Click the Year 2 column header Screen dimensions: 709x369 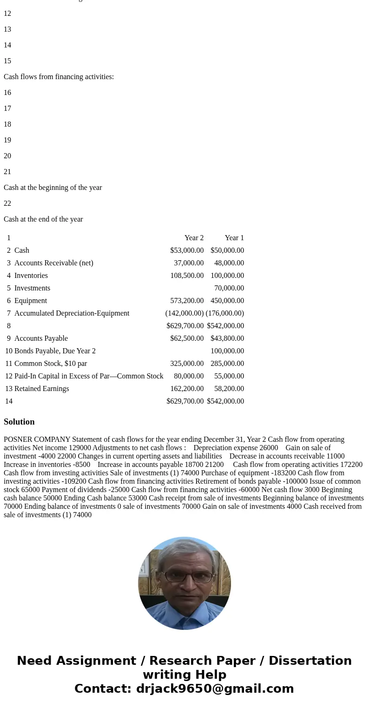pyautogui.click(x=194, y=238)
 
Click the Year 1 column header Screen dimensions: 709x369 pyautogui.click(x=234, y=238)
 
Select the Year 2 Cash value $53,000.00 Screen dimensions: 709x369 pyautogui.click(x=187, y=250)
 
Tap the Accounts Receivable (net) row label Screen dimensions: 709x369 pyautogui.click(x=53, y=263)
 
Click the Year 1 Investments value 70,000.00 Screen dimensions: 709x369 pyautogui.click(x=229, y=288)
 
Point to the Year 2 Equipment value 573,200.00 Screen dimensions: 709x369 pyautogui.click(x=187, y=301)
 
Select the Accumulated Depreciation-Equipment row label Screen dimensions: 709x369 pyautogui.click(x=72, y=313)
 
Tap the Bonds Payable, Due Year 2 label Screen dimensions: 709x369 pyautogui.click(x=55, y=351)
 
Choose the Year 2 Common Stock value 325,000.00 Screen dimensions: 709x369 pyautogui.click(x=187, y=364)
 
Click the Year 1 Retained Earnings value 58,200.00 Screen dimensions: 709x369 pyautogui.click(x=229, y=389)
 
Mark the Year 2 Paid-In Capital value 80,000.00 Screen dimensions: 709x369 pyautogui.click(x=189, y=376)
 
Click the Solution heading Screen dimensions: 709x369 pyautogui.click(x=19, y=422)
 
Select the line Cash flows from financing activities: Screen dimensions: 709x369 pyautogui.click(x=59, y=77)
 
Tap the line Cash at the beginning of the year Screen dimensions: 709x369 pyautogui.click(x=53, y=188)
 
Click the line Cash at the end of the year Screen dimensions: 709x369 pyautogui.click(x=43, y=219)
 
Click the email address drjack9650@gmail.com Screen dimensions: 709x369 pyautogui.click(x=215, y=689)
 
